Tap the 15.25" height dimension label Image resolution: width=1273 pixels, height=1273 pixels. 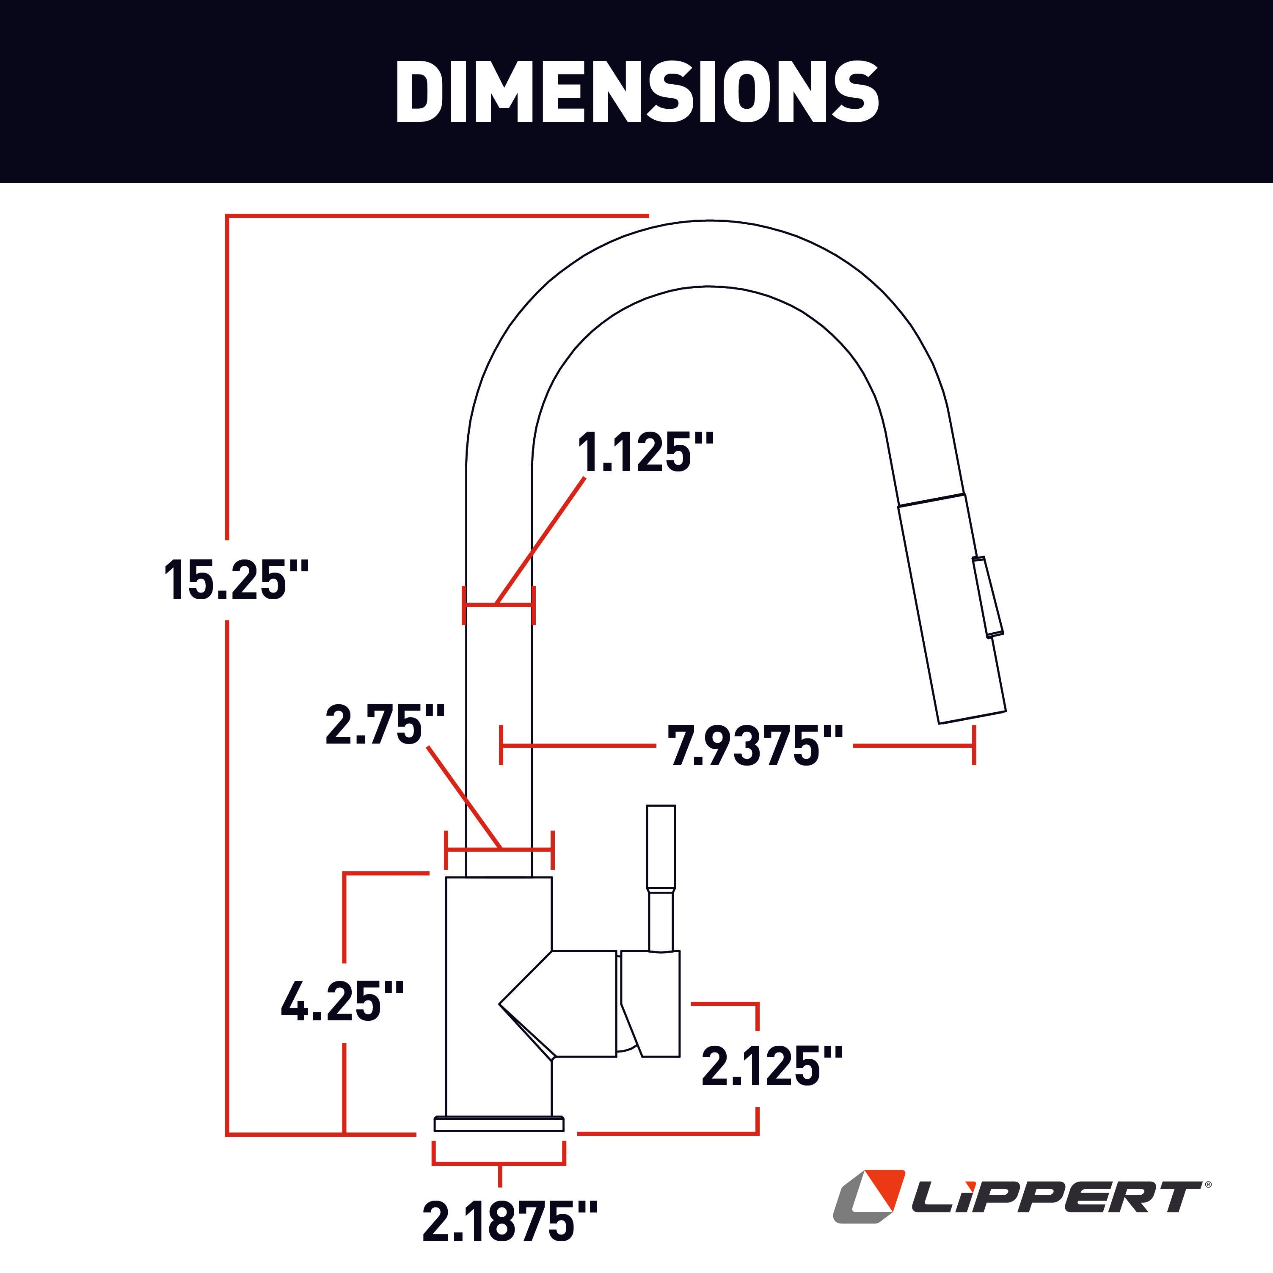(x=236, y=580)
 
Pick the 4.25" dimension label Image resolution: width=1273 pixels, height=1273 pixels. (x=341, y=1001)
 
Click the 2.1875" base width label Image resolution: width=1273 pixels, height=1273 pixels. (x=510, y=1221)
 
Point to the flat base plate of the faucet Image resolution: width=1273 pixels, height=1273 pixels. (x=499, y=1124)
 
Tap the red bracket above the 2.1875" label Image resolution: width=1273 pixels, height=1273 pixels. (x=499, y=1164)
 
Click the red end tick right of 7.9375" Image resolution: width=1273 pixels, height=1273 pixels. (x=974, y=745)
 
